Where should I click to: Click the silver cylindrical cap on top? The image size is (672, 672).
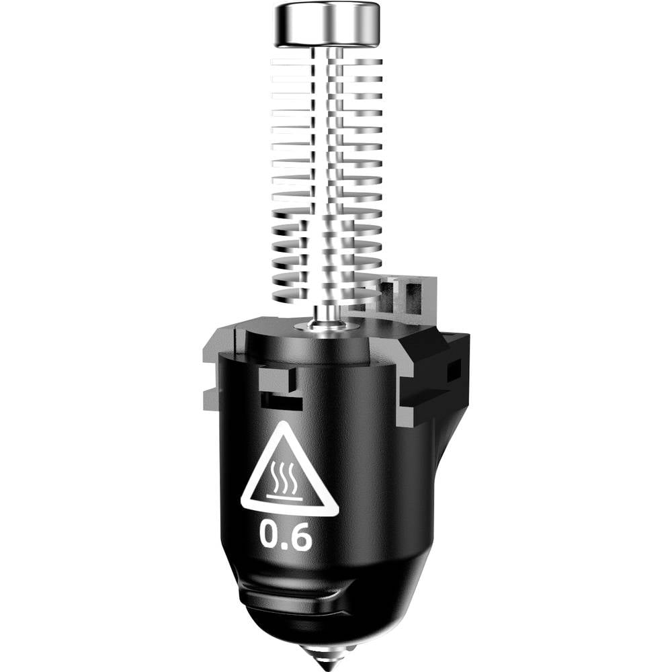tap(327, 24)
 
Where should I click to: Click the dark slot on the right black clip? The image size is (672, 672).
tap(454, 369)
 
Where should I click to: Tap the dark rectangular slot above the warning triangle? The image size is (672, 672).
tap(280, 402)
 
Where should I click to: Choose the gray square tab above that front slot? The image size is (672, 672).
tap(275, 379)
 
